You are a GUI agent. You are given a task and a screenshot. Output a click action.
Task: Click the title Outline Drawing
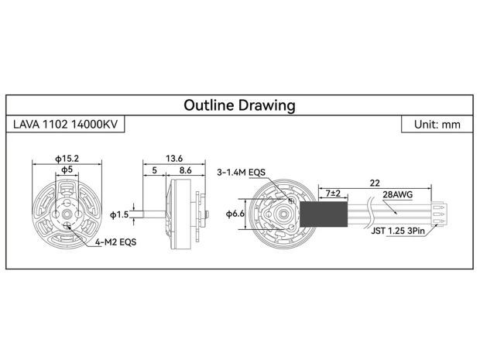click(x=239, y=105)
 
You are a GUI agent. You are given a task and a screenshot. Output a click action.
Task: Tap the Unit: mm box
click(x=437, y=124)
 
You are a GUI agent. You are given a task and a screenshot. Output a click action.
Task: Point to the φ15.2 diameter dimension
click(x=67, y=158)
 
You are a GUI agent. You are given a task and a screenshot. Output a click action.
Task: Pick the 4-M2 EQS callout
click(x=115, y=242)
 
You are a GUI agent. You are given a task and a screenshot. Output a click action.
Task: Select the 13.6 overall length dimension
click(x=173, y=158)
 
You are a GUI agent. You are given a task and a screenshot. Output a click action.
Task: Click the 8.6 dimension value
click(x=186, y=169)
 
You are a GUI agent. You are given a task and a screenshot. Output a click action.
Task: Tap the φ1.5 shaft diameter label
click(x=120, y=214)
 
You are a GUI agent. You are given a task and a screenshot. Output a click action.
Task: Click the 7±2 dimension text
click(x=335, y=191)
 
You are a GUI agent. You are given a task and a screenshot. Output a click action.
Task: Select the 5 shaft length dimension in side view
click(x=155, y=169)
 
